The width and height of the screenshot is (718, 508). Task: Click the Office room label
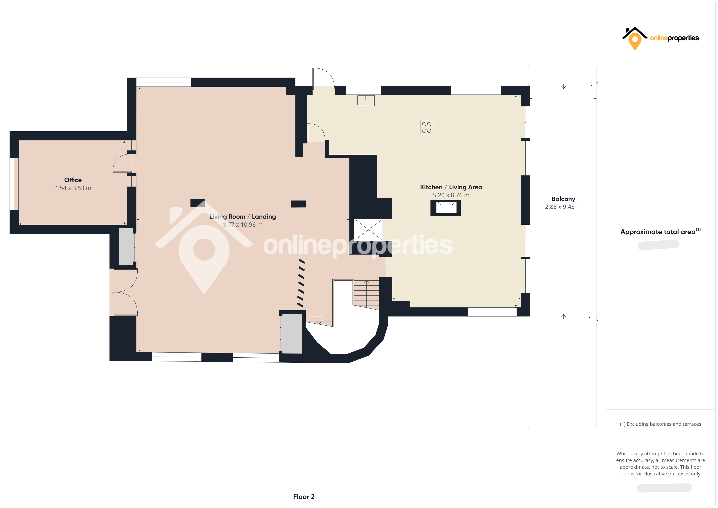[73, 180]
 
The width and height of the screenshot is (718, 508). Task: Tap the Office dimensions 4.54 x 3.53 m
[73, 188]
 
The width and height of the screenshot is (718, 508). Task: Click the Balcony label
[563, 199]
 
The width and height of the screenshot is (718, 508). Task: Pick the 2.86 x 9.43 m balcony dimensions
[563, 207]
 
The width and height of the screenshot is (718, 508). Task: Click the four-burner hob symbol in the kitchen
[427, 127]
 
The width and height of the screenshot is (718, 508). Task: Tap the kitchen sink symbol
[366, 100]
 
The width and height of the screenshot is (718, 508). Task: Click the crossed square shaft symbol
[368, 230]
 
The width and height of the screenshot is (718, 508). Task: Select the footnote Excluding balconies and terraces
[660, 424]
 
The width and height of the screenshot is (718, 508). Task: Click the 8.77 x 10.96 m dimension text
[243, 225]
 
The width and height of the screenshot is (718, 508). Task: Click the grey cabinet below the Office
[126, 247]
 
